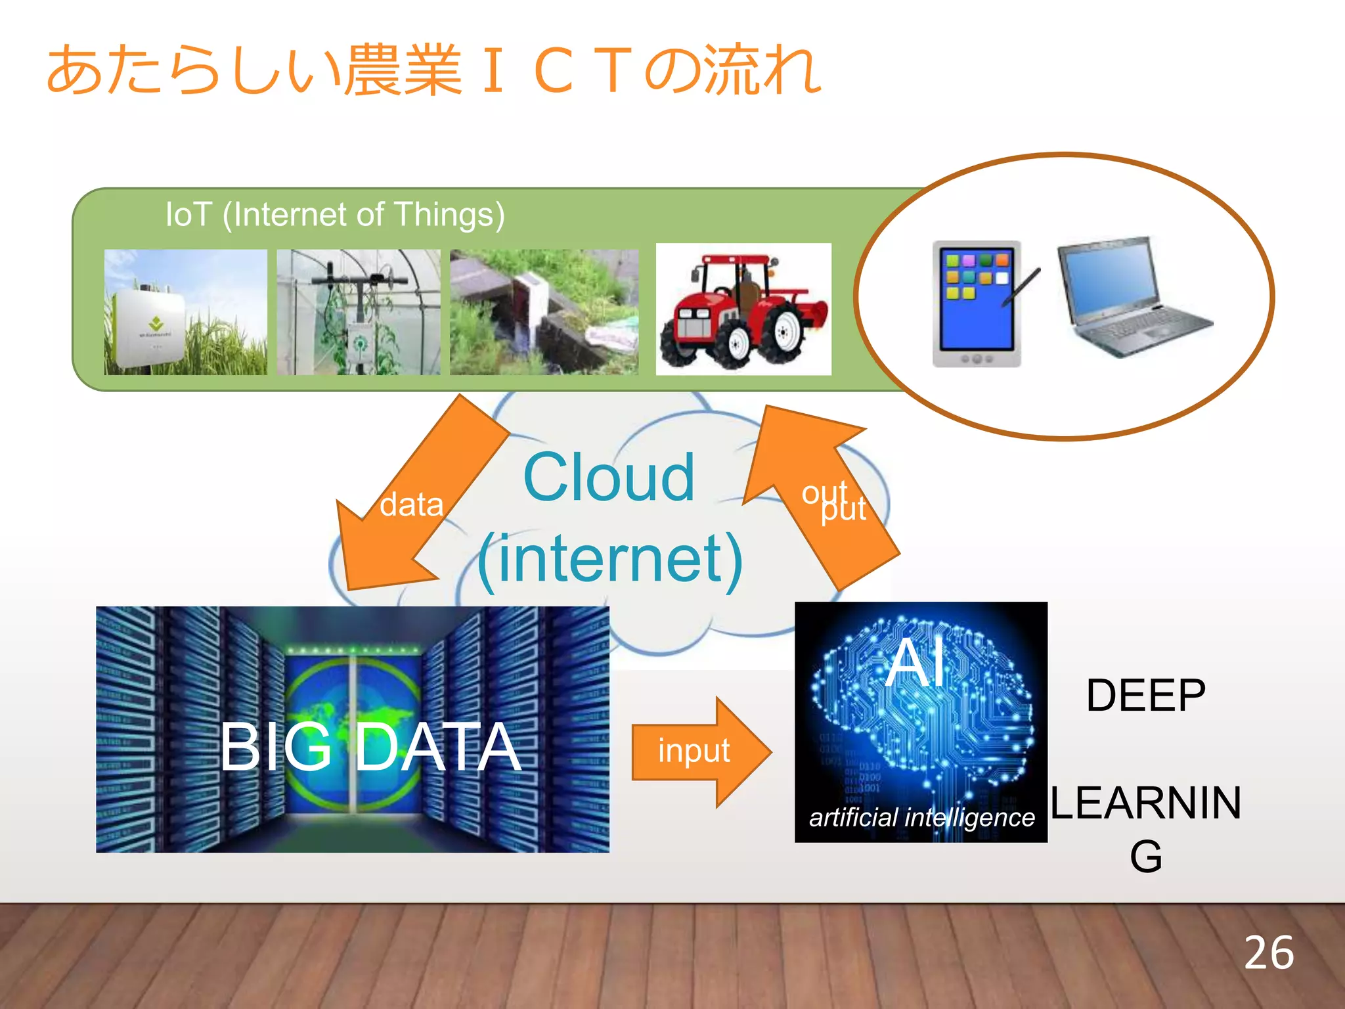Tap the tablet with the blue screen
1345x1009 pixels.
click(x=975, y=303)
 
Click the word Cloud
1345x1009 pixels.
click(x=609, y=478)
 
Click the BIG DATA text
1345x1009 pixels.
click(x=370, y=747)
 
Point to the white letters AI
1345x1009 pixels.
click(x=916, y=663)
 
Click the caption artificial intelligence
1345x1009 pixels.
click(x=921, y=818)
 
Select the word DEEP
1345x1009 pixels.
click(x=1145, y=696)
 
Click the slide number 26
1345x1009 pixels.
click(x=1268, y=953)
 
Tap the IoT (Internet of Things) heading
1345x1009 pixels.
click(x=335, y=215)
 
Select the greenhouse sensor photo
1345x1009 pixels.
click(x=359, y=312)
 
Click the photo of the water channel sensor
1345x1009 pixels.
click(x=544, y=312)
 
